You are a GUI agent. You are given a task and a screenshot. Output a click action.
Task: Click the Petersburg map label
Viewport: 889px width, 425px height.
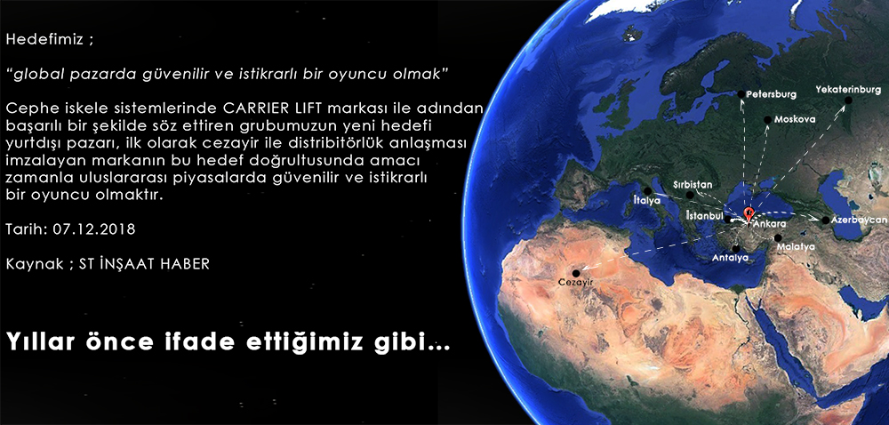(771, 94)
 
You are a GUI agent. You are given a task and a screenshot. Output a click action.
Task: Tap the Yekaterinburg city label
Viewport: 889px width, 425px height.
(849, 90)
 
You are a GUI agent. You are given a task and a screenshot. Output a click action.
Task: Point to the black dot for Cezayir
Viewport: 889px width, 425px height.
(576, 273)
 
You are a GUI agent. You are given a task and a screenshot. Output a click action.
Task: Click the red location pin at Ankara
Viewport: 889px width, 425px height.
(749, 213)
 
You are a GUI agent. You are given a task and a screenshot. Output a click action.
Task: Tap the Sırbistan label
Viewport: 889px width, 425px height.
(693, 185)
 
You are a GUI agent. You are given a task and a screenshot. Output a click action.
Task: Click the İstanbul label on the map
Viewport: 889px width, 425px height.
(704, 216)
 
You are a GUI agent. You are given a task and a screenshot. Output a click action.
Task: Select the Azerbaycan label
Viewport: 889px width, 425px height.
(859, 220)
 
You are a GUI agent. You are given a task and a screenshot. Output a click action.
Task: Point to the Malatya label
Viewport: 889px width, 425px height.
(796, 247)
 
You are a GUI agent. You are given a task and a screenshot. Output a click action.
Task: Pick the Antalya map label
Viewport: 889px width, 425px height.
(730, 258)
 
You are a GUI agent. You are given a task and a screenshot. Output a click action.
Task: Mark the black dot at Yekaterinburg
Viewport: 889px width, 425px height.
(848, 100)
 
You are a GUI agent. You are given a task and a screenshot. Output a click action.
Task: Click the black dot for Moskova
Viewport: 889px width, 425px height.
(768, 120)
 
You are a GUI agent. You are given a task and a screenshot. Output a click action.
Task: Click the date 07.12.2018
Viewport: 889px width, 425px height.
(94, 230)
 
